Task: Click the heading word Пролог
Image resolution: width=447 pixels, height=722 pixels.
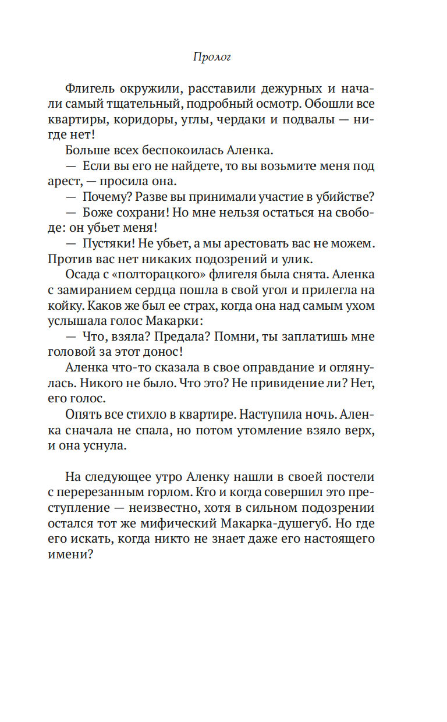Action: coord(212,58)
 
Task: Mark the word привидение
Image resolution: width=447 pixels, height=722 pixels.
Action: coord(294,382)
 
